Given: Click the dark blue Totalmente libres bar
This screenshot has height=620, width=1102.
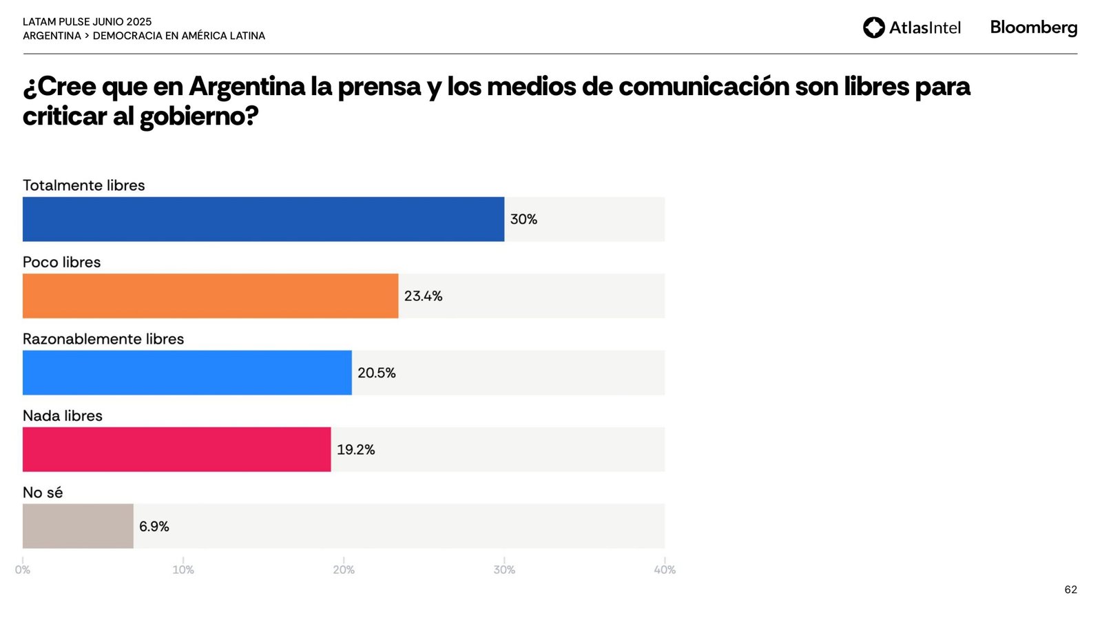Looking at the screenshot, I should [x=263, y=219].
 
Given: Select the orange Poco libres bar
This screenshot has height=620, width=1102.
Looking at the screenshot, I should [x=210, y=296].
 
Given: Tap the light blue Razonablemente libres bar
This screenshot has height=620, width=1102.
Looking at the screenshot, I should [x=187, y=373].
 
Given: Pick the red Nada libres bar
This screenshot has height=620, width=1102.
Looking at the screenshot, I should [x=176, y=449].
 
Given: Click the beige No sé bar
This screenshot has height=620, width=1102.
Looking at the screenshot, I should [x=78, y=526].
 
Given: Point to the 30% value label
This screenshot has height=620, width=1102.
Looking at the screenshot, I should [x=523, y=219].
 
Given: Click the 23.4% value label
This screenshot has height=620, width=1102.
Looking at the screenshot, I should [x=423, y=296].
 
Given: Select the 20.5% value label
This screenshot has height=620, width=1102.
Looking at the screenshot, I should [x=376, y=373].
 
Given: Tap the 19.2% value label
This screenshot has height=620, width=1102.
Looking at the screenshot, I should [x=355, y=450].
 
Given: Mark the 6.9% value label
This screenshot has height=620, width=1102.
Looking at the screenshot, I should [x=154, y=526].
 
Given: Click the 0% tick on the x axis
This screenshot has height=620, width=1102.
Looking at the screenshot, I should [x=23, y=570].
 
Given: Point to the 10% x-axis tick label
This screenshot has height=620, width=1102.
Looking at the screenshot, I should [x=183, y=570].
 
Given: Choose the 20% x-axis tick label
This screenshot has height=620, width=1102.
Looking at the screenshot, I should [x=344, y=570].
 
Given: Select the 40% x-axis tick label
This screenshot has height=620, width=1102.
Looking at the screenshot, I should [x=665, y=570].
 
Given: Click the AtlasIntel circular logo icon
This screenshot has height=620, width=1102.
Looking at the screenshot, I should [x=874, y=28].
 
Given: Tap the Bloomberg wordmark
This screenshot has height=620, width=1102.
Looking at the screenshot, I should [x=1033, y=28].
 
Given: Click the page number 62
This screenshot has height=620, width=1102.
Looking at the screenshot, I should [x=1070, y=590].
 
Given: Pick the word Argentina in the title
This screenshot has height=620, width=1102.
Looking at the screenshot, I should [x=247, y=87].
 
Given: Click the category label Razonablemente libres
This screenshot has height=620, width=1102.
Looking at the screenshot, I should [x=103, y=339].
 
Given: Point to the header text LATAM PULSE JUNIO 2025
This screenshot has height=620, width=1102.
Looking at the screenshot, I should [x=87, y=22].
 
